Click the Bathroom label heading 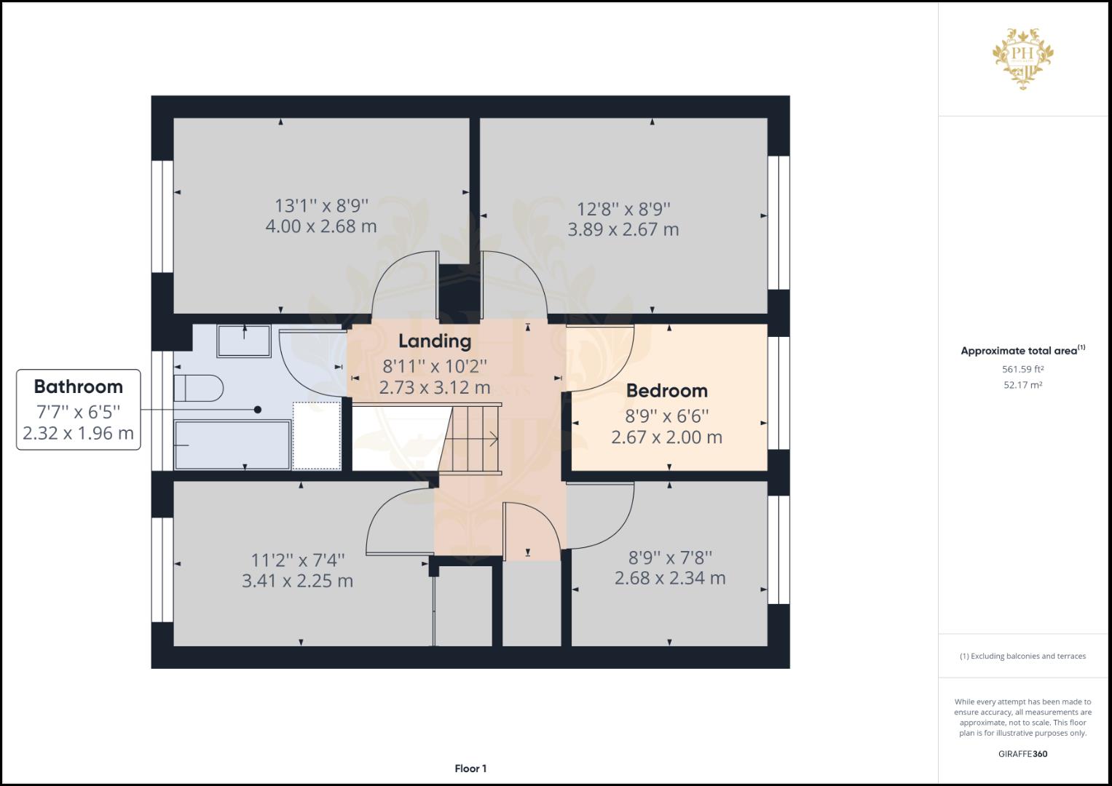coord(79,386)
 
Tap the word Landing coord(435,341)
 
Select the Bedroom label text coord(667,391)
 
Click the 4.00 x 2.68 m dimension coord(321,226)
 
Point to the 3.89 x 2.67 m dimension coord(623,229)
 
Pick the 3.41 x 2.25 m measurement coord(297,581)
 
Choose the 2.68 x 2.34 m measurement coord(670,578)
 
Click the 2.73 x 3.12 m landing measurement coord(435,387)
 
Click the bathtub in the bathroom coord(232,445)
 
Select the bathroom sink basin coord(244,341)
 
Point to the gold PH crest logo coord(1022,58)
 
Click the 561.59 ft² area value coord(1022,369)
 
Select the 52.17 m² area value coord(1022,385)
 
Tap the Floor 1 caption coord(470,769)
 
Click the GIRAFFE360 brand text coord(1022,754)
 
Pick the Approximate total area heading coord(1022,350)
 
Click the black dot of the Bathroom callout coord(258,410)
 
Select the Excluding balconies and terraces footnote coord(1022,656)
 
